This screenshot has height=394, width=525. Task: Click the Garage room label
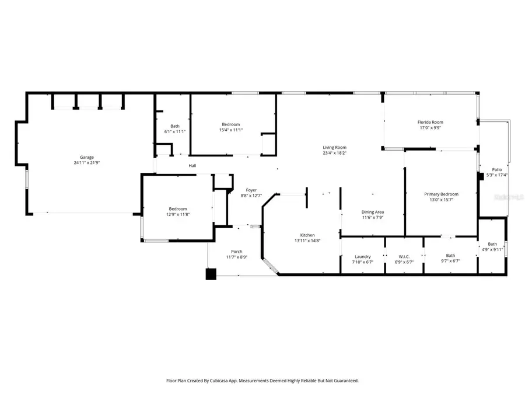coord(87,158)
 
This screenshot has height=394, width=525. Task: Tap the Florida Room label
coord(432,122)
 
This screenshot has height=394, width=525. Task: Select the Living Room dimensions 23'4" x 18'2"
coord(335,154)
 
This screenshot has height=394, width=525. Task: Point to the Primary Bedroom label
coord(441,194)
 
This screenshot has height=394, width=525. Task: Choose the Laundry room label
coord(363,256)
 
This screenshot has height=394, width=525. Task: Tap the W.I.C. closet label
coord(404,256)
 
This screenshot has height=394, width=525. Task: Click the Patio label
coord(497,169)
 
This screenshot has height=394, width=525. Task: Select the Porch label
coord(236,252)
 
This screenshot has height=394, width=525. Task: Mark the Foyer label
coord(251,190)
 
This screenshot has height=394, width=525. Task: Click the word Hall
coord(192,166)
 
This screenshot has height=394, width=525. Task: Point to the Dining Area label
coord(373,212)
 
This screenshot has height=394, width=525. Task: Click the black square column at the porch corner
coord(211,273)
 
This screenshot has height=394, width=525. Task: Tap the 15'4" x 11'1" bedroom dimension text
coord(230,130)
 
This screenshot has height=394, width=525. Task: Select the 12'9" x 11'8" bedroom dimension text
coord(178,215)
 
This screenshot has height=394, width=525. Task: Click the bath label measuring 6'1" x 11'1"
coord(175,126)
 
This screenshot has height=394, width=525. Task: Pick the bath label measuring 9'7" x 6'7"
coord(450,255)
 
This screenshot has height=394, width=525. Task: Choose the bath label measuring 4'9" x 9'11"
coord(492,244)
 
